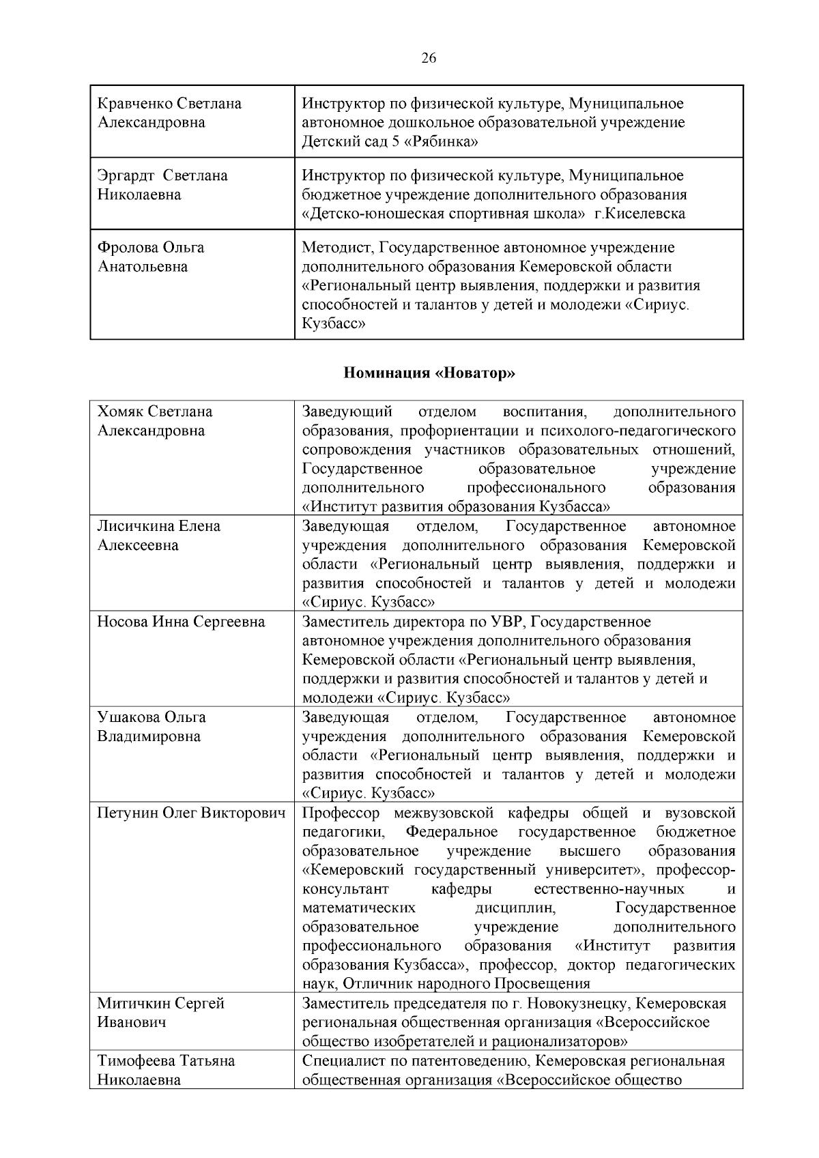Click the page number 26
coord(429,58)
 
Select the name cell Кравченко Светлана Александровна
coord(169,113)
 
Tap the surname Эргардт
coord(126,176)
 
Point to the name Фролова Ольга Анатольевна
coord(151,257)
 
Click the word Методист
coord(336,247)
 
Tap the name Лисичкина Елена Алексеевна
coord(158,536)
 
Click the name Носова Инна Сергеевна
coord(181,622)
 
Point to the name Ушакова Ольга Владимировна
coord(151,727)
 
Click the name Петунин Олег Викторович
coord(191,813)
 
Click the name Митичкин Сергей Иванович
coord(160,1013)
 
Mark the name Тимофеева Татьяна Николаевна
coord(166,1070)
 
